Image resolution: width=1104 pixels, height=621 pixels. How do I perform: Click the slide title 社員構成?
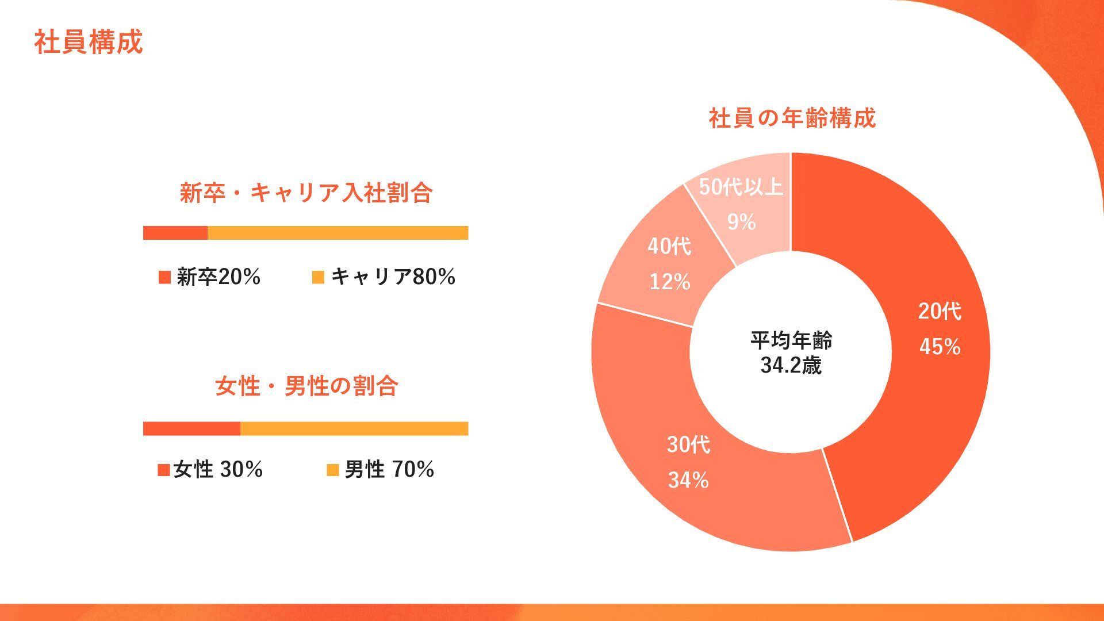tap(89, 43)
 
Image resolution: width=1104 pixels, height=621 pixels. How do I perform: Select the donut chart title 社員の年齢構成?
tap(792, 118)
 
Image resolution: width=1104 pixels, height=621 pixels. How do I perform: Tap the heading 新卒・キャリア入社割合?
tap(306, 193)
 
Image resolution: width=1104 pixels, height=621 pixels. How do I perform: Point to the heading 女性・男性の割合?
tap(306, 386)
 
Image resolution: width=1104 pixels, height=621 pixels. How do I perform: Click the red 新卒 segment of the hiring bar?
tap(175, 233)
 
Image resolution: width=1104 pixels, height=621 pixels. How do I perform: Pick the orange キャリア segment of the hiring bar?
tap(338, 233)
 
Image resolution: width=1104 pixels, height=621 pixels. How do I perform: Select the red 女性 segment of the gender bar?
tap(191, 428)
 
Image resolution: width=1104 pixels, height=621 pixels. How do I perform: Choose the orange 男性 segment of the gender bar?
tap(354, 428)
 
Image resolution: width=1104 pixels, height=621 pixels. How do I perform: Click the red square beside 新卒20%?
tap(164, 277)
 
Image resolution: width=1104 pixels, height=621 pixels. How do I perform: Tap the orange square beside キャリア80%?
tap(318, 277)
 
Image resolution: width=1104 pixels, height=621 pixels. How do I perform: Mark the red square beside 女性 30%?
tap(164, 470)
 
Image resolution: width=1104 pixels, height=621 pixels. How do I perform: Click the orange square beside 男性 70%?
tap(332, 470)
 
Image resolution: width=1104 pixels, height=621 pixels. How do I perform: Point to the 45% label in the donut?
tap(940, 347)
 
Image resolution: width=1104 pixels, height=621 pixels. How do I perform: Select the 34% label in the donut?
tap(688, 480)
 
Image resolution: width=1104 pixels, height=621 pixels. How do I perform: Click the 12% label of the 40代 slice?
tap(670, 282)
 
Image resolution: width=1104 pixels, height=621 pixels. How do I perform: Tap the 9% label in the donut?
tap(741, 222)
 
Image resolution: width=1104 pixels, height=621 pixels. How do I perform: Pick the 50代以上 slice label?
tap(741, 187)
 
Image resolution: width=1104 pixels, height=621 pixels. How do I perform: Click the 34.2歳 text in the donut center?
tap(791, 365)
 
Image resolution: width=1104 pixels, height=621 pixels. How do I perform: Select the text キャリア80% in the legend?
tap(393, 277)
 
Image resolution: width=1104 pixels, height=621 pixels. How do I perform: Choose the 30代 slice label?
tap(688, 444)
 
